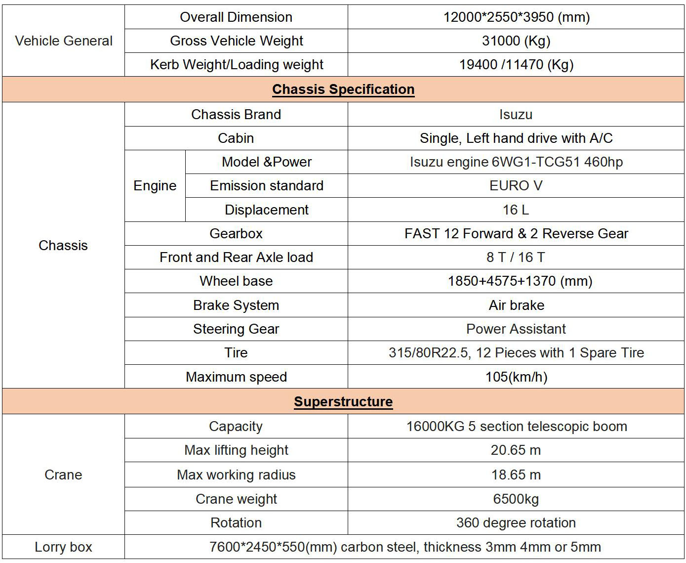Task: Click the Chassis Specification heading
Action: coord(343,89)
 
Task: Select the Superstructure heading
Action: coord(343,401)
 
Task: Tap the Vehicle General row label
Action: coord(64,41)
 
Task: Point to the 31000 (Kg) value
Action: coord(516,41)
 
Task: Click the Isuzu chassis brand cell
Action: coord(516,115)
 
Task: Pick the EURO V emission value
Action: coord(516,186)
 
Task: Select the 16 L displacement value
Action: coord(516,210)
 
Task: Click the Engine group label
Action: coord(155,186)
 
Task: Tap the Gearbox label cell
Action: coord(236,234)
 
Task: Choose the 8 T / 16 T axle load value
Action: coord(516,258)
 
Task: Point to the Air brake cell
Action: coord(516,305)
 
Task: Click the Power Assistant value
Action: coord(516,329)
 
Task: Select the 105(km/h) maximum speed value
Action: coord(516,377)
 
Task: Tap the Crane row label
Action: coord(63,475)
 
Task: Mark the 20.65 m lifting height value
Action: coord(516,450)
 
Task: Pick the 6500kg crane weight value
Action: coord(516,499)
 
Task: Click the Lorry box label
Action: coord(63,547)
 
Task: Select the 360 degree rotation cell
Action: coord(516,523)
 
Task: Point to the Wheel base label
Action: coord(236,281)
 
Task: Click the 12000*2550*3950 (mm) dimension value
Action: coord(516,17)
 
